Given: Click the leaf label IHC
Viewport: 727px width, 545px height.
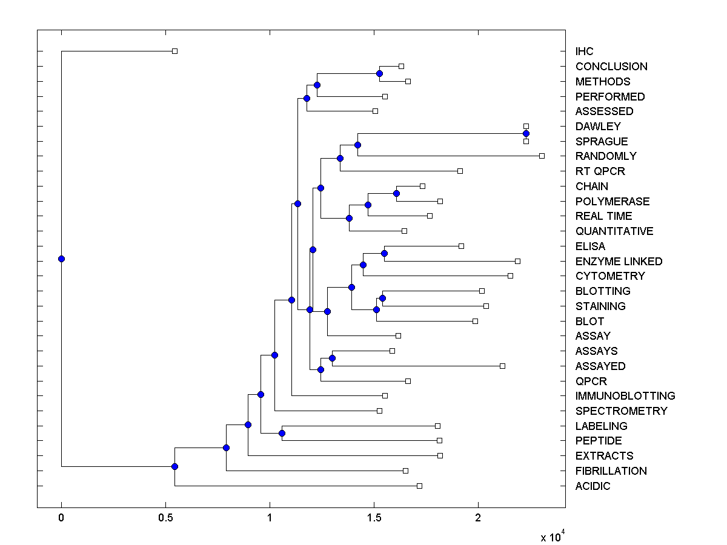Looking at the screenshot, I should click(x=585, y=51).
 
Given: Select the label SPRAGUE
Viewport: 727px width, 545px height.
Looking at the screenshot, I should click(x=602, y=142).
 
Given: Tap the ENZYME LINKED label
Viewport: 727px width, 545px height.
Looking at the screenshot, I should click(x=619, y=262).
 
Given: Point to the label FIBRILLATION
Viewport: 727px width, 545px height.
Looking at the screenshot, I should click(x=611, y=471).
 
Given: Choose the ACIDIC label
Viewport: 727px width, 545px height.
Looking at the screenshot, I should click(x=593, y=486).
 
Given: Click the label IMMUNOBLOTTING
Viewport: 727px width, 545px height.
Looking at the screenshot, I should click(x=625, y=396).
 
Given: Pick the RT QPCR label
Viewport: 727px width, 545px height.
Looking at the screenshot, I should click(x=600, y=171).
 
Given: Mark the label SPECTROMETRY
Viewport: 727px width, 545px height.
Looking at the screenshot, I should click(x=621, y=411).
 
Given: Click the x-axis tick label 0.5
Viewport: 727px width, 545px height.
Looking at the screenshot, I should click(x=165, y=518).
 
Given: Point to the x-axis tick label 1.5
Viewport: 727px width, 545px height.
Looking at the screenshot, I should click(x=374, y=518).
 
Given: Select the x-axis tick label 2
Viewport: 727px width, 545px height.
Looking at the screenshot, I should click(x=478, y=518).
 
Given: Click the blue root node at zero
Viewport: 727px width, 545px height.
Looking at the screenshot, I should click(x=61, y=259).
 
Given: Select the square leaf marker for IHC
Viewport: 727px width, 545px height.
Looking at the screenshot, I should click(x=174, y=51).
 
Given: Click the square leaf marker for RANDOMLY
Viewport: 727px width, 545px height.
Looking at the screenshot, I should click(x=542, y=156).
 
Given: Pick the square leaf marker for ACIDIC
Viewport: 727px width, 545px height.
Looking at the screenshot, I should click(x=419, y=486).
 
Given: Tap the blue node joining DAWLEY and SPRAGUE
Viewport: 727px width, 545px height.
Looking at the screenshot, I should click(x=526, y=134).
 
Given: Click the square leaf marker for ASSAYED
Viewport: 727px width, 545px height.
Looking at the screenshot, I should click(x=502, y=366).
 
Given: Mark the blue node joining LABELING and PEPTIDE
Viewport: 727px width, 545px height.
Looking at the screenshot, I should click(x=282, y=433).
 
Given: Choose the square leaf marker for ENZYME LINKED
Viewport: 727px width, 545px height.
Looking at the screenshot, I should click(x=517, y=261).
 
